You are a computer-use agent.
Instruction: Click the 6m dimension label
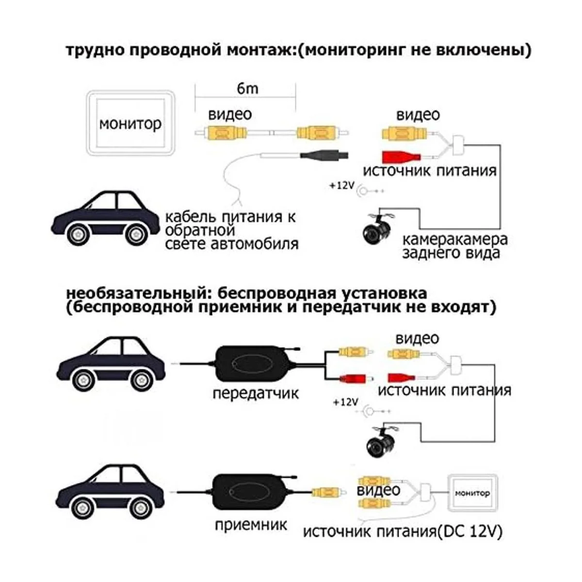[247, 89]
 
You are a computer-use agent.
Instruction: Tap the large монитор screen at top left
[129, 124]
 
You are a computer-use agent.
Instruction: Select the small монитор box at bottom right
[472, 493]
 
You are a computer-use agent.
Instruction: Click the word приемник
[251, 524]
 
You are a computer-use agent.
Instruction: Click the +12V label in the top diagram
[342, 186]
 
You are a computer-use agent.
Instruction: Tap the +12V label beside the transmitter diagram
[345, 402]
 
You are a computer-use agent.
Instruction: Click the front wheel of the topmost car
[78, 235]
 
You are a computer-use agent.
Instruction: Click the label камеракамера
[455, 239]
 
